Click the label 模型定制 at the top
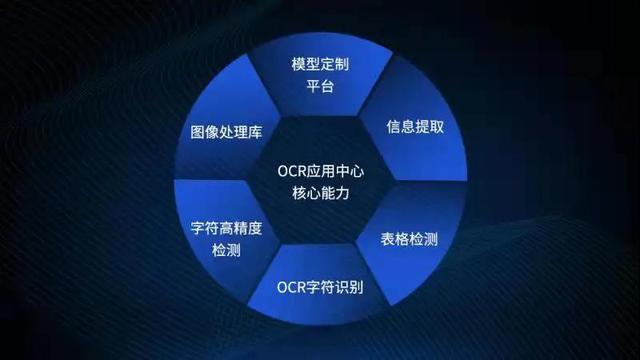[320, 62]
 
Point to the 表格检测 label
[409, 241]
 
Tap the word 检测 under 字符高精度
[226, 251]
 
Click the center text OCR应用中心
[320, 170]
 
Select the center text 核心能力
[320, 193]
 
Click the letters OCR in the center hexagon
[289, 170]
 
